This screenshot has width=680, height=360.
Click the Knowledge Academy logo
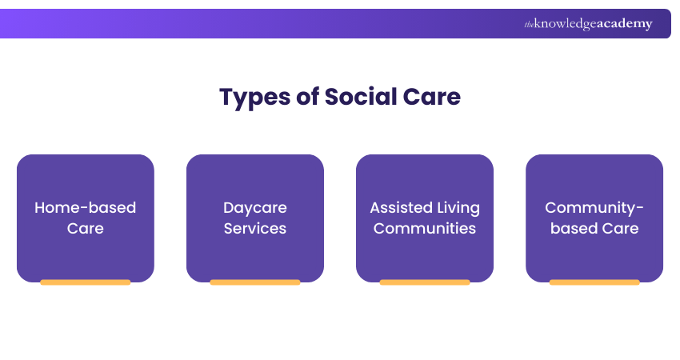pyautogui.click(x=588, y=24)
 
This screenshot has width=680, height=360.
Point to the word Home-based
pyautogui.click(x=85, y=207)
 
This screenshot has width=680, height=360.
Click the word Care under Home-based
pyautogui.click(x=85, y=228)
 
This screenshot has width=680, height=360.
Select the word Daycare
pyautogui.click(x=254, y=207)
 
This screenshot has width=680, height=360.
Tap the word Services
pyautogui.click(x=254, y=228)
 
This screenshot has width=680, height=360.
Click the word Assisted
pyautogui.click(x=398, y=207)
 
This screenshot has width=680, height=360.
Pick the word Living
pyautogui.click(x=455, y=208)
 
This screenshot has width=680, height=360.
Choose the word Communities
pyautogui.click(x=424, y=228)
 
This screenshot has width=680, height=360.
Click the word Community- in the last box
pyautogui.click(x=594, y=207)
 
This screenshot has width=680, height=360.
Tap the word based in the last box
pyautogui.click(x=570, y=228)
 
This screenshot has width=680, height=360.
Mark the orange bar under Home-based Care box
pyautogui.click(x=85, y=282)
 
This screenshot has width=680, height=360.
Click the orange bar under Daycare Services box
pyautogui.click(x=254, y=282)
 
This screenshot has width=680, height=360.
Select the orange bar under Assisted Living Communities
pyautogui.click(x=424, y=282)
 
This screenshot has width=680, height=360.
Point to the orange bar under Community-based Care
pyautogui.click(x=594, y=282)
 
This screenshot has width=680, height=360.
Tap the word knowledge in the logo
pyautogui.click(x=565, y=25)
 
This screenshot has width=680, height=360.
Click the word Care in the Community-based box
pyautogui.click(x=620, y=228)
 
